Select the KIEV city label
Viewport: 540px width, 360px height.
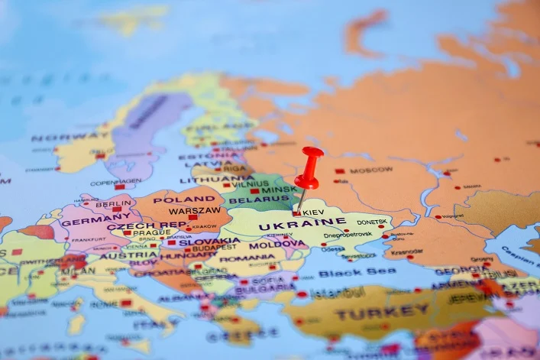[313, 212]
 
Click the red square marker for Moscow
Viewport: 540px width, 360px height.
[340, 171]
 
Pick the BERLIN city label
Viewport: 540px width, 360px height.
[114, 204]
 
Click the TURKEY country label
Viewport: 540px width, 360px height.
[382, 312]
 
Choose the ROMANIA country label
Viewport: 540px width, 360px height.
[247, 258]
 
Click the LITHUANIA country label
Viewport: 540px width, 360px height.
[205, 180]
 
